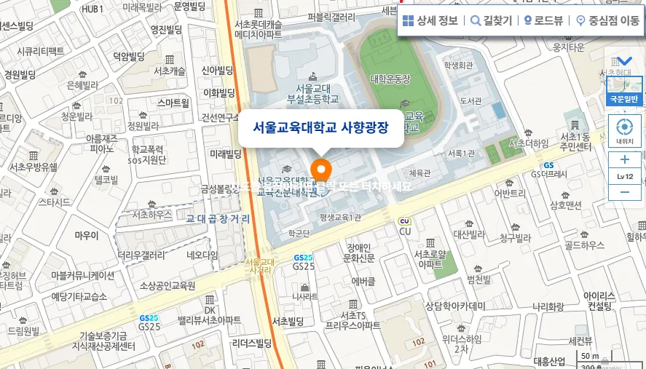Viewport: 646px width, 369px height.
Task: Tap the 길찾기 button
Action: point(491,20)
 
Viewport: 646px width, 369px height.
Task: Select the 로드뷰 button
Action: point(543,20)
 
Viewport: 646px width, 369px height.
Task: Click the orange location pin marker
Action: point(321,170)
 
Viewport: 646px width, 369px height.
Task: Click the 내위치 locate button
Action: point(624,130)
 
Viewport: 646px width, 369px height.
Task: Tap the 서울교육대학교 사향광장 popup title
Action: point(320,127)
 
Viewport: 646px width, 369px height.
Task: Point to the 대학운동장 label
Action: point(390,79)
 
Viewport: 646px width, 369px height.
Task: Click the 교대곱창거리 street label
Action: point(218,218)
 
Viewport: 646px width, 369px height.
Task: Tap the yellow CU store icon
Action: point(404,221)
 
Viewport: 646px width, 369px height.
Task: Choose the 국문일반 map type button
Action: point(624,99)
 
